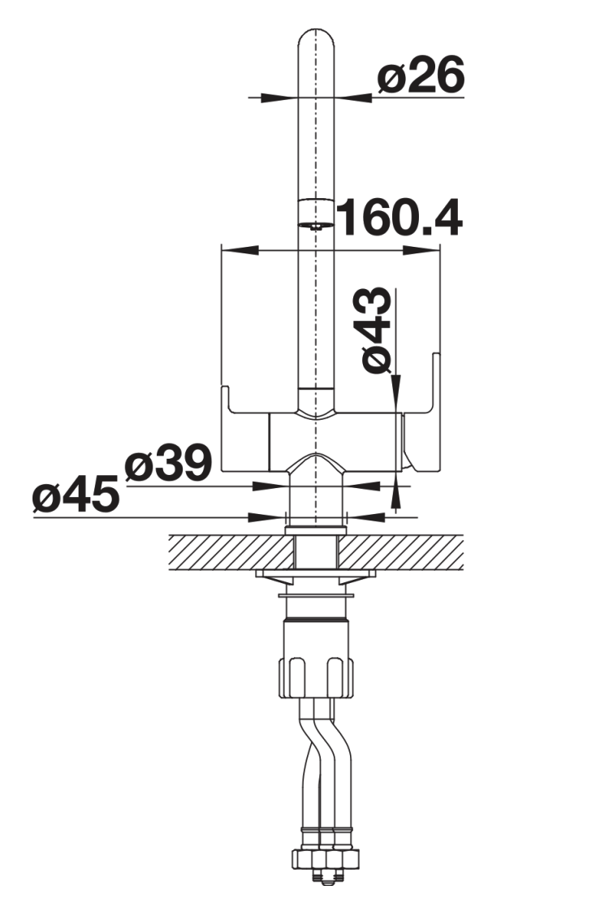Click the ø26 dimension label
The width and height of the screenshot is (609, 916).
[x=421, y=76]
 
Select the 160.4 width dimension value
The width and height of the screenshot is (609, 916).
[x=400, y=218]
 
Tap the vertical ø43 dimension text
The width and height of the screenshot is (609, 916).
[x=377, y=330]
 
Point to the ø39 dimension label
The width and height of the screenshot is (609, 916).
[x=168, y=463]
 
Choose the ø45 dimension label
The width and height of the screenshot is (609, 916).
[x=76, y=495]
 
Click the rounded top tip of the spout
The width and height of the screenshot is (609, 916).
[x=317, y=29]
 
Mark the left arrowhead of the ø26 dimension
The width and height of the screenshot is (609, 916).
[x=278, y=97]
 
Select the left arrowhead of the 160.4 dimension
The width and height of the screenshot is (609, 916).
[x=240, y=250]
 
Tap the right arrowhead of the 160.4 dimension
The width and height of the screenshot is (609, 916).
[x=421, y=250]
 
